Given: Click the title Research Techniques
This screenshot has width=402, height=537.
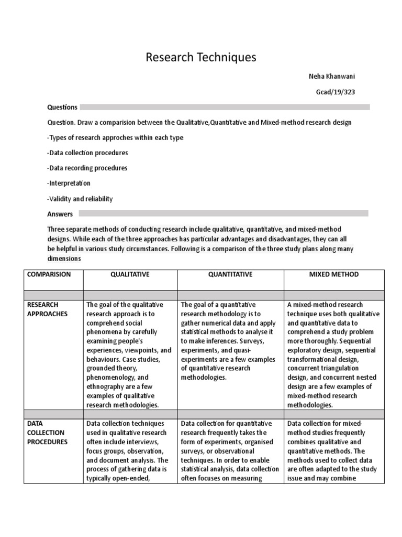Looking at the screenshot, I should (x=201, y=57).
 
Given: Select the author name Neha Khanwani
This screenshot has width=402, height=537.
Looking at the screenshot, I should (x=332, y=77).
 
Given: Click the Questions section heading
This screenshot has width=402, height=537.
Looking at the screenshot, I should (x=62, y=107).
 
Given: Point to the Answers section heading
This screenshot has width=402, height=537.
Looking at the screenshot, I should (x=60, y=214).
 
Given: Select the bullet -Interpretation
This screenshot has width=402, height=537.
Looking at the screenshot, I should (x=69, y=184).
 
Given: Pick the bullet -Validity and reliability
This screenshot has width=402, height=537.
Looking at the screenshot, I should (x=80, y=199).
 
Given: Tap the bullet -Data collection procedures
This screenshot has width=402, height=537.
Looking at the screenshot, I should (x=87, y=153).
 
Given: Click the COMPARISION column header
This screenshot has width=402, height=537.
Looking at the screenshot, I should (x=49, y=274).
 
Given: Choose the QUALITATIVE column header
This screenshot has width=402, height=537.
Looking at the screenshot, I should (x=130, y=274).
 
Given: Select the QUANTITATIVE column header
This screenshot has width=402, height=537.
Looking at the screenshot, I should (x=230, y=274).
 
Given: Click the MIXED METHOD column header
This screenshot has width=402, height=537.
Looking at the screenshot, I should (x=334, y=274).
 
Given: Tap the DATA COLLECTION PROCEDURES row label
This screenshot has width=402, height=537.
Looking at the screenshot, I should (x=47, y=433).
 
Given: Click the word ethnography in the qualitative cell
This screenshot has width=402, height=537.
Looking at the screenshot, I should (x=107, y=386).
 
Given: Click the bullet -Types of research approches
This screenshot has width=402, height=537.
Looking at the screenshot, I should (x=115, y=137).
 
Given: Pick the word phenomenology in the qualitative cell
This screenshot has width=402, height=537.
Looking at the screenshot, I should (x=110, y=377).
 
